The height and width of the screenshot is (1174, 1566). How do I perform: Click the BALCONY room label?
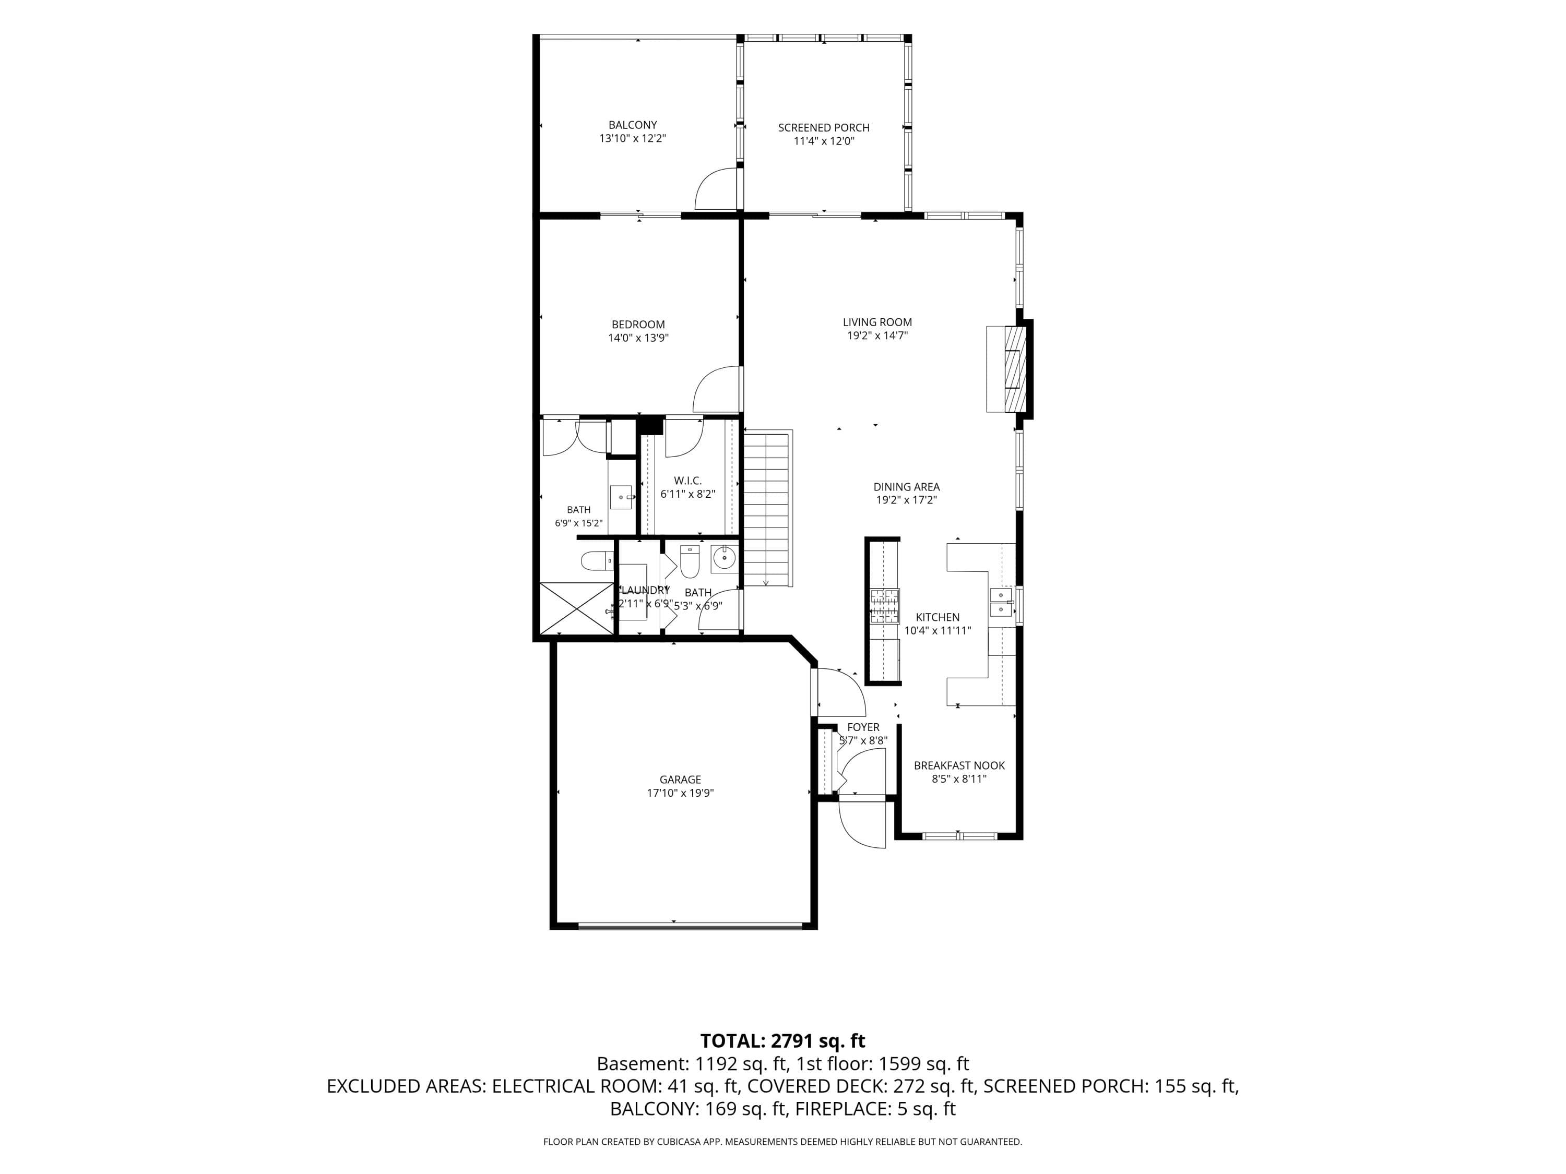(x=632, y=125)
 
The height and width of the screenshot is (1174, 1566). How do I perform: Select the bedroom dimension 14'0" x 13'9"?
(x=638, y=338)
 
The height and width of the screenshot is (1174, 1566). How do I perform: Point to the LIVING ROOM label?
(x=877, y=322)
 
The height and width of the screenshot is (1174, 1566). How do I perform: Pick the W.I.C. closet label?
(x=687, y=481)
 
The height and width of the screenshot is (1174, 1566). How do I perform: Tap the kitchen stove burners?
(x=885, y=606)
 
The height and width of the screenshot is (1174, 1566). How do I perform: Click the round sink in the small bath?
(x=723, y=558)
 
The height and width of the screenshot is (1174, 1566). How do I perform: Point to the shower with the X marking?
(x=576, y=608)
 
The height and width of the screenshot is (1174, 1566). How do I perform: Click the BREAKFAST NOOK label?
(x=959, y=765)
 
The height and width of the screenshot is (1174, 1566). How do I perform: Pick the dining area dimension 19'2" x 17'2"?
(x=906, y=500)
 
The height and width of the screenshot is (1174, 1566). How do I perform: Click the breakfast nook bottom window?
(x=959, y=836)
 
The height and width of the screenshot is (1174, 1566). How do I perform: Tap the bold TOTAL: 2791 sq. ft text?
(x=782, y=1041)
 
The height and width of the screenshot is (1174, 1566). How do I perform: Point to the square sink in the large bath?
(x=621, y=497)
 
